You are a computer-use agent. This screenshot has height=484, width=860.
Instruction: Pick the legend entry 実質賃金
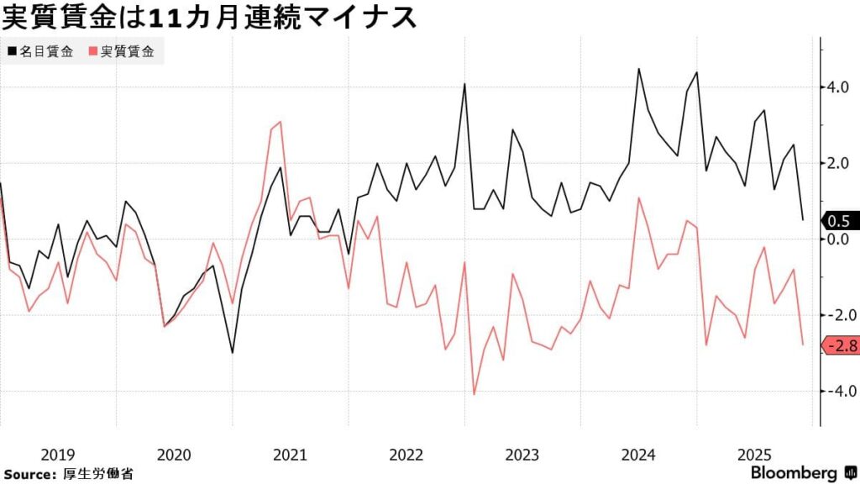[127, 52]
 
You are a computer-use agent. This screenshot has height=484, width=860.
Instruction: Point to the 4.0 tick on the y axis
[840, 87]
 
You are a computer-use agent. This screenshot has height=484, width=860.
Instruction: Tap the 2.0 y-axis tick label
[840, 163]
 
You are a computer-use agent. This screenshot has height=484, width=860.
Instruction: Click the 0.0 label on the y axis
[840, 239]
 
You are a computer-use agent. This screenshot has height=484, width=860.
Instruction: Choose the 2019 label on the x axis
[57, 455]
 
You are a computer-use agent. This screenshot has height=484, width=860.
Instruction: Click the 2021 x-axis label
[290, 455]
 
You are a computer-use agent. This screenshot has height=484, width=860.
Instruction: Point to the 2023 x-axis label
[522, 455]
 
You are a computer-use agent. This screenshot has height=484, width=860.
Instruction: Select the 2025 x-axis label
[754, 455]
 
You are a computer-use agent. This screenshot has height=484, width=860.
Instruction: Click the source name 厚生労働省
[98, 473]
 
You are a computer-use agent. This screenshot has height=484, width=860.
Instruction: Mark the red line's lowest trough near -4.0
[475, 394]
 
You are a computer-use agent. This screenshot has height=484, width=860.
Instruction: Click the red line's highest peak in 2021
[281, 122]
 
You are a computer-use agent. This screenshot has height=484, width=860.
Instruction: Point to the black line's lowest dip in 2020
[233, 353]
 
